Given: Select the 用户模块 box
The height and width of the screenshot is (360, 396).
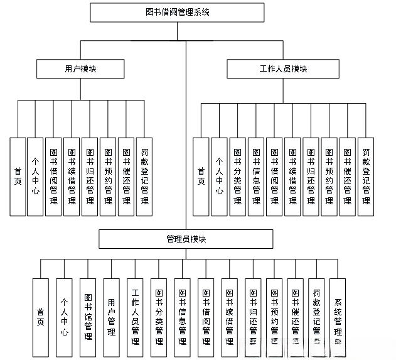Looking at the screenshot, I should [x=80, y=68].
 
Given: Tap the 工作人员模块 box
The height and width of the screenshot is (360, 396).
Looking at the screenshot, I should [x=283, y=68].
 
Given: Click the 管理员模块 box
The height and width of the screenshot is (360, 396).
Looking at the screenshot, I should [x=186, y=239].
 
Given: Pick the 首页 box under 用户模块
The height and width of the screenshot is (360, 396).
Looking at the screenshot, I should [x=18, y=177].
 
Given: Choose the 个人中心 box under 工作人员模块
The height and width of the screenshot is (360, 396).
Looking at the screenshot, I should [x=219, y=177].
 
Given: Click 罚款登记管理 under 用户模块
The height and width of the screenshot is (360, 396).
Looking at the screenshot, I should [x=144, y=177].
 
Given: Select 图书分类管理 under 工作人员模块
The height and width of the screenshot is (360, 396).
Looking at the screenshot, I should [x=237, y=177].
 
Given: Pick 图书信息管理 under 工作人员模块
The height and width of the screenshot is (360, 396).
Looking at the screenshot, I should [x=255, y=177].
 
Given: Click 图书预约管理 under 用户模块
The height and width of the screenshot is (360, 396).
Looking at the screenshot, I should [x=108, y=177].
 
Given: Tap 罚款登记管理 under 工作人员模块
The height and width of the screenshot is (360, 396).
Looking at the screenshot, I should [x=365, y=177].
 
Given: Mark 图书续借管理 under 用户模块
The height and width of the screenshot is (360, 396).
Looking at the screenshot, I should [x=72, y=177].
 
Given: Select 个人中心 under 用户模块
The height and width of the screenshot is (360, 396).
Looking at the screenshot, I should [x=36, y=177].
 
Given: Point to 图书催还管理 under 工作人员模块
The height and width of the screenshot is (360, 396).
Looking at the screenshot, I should [x=347, y=177].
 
